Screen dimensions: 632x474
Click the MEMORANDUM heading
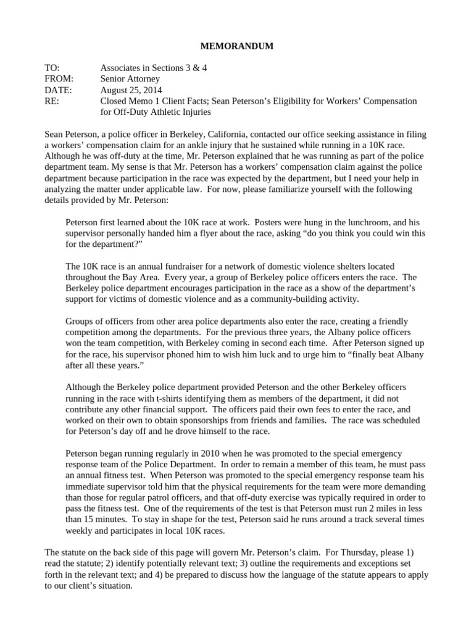(238, 46)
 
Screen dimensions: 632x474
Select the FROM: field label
(59, 79)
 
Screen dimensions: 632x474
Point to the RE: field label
(52, 101)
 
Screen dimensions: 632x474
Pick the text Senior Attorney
(130, 79)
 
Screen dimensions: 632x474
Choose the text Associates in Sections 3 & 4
(154, 68)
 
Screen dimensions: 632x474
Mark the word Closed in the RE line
(115, 101)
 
